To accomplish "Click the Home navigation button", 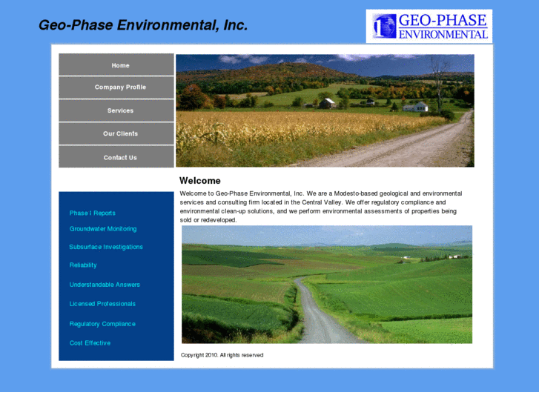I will point(120,65).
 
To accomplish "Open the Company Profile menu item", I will point(120,87).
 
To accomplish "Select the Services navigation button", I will point(120,110).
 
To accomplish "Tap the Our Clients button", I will point(120,133).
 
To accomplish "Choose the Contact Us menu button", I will point(120,157).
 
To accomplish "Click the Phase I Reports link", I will point(92,213).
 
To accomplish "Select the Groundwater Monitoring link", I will point(103,229).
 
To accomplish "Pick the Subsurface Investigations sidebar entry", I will point(106,247).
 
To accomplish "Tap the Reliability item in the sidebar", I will point(83,265).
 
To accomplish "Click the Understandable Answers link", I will point(105,285).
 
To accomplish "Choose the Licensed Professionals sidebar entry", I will point(102,304).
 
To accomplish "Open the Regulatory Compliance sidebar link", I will point(102,324).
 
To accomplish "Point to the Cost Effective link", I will point(90,343).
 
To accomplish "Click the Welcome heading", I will point(200,181).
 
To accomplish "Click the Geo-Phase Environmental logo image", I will point(429,26).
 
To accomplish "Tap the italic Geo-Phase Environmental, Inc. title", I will point(143,25).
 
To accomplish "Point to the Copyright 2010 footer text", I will point(222,355).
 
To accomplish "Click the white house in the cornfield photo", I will point(416,107).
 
